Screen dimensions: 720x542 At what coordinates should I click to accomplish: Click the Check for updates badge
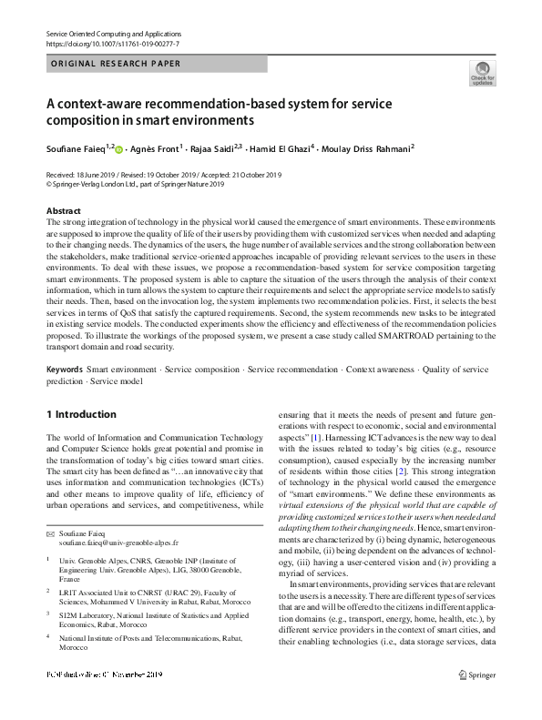coord(482,72)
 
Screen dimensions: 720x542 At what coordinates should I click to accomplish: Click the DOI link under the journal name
coord(112,44)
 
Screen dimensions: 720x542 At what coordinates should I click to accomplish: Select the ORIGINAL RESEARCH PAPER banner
coord(116,64)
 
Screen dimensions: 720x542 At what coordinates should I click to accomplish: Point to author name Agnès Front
coord(157,148)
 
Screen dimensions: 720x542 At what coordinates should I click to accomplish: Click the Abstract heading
coord(64,211)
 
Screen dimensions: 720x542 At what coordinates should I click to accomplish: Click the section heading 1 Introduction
coord(81,414)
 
